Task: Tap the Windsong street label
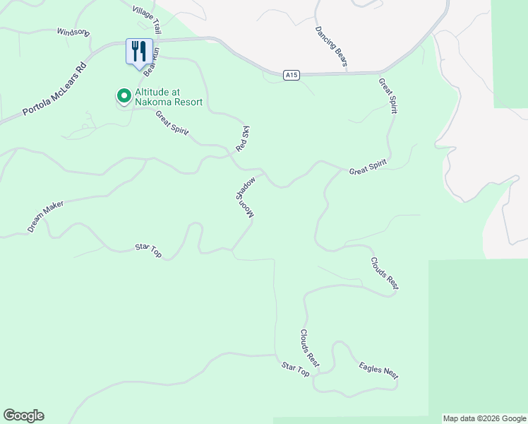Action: click(x=73, y=33)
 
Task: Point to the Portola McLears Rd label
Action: click(x=54, y=90)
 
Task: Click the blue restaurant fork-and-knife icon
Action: click(x=138, y=51)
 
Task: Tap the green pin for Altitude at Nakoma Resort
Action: click(x=124, y=95)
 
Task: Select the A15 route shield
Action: click(x=291, y=74)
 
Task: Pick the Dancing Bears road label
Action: click(x=331, y=47)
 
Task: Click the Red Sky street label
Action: click(x=244, y=140)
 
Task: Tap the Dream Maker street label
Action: click(x=46, y=217)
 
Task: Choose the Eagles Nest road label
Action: click(x=378, y=370)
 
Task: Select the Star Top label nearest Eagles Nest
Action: click(x=296, y=368)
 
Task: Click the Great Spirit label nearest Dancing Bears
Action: click(x=388, y=95)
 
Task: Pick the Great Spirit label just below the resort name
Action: click(x=172, y=125)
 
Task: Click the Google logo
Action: click(x=23, y=416)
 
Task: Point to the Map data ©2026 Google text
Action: click(x=484, y=418)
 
